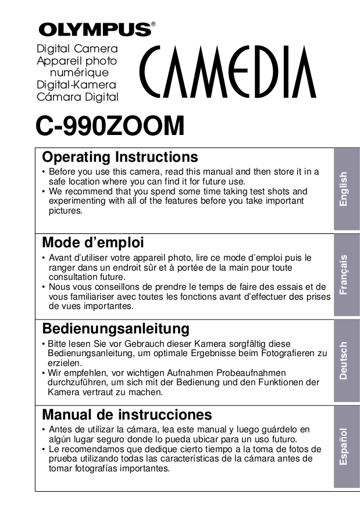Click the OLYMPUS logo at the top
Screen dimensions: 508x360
(x=95, y=29)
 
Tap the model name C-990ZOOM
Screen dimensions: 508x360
(x=110, y=126)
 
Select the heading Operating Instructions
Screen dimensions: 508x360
(x=120, y=157)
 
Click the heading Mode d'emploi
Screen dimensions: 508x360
(x=93, y=241)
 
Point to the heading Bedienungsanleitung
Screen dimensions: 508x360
(x=116, y=329)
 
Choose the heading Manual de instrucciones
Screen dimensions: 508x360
(x=127, y=414)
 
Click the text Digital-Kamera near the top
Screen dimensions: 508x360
(x=76, y=85)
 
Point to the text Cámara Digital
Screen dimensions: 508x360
(x=77, y=97)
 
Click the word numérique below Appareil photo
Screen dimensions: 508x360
(x=80, y=73)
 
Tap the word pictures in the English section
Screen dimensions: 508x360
(x=65, y=211)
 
